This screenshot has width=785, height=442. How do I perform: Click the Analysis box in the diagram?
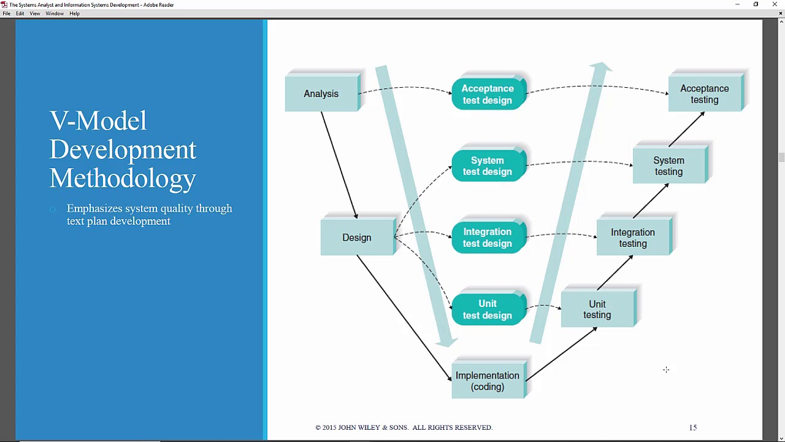[321, 94]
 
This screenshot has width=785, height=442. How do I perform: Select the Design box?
[357, 238]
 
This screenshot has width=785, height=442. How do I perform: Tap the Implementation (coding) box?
[488, 381]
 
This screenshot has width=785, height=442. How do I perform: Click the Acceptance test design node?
[488, 95]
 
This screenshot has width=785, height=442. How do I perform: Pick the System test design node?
[488, 166]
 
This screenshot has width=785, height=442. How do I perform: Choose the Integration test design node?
[488, 238]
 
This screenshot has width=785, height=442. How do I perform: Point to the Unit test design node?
[488, 309]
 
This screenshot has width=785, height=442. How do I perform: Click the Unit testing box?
[597, 309]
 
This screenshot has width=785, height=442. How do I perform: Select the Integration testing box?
[633, 238]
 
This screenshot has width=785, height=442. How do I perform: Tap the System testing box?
[668, 166]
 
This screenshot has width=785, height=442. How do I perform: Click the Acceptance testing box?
[705, 94]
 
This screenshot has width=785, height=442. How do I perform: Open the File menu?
[6, 14]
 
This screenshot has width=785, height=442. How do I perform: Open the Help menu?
[74, 14]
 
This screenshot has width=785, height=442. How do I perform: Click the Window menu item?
[55, 14]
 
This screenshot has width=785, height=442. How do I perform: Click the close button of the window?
[775, 4]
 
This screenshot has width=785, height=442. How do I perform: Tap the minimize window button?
[737, 4]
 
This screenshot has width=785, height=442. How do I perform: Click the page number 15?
[693, 427]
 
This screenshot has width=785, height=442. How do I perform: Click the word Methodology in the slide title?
[123, 179]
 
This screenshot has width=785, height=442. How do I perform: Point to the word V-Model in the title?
[98, 121]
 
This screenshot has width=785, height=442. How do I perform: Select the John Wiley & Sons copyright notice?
[404, 427]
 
